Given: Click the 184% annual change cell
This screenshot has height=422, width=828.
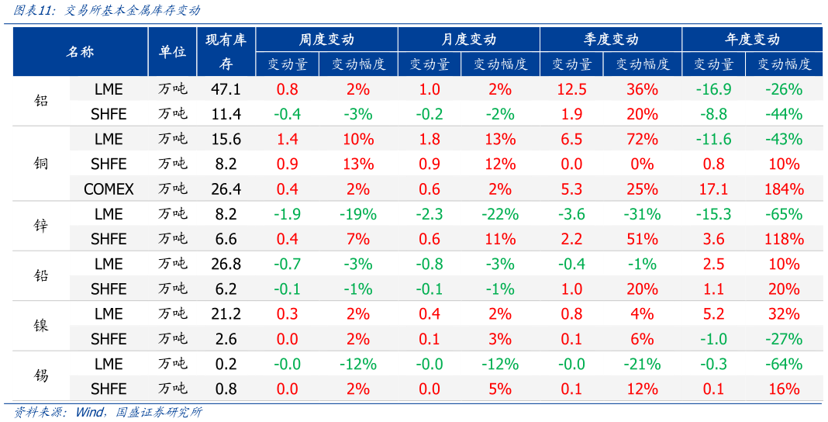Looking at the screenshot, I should [x=784, y=189].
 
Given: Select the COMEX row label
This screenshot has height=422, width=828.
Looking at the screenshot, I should [x=109, y=189].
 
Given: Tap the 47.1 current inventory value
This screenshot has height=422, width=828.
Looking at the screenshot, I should [x=226, y=89].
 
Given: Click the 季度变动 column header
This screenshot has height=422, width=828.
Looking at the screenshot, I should [x=611, y=40].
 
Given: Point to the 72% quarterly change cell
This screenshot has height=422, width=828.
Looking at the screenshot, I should [x=642, y=139].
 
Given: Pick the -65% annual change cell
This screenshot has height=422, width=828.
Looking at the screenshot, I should [x=784, y=214].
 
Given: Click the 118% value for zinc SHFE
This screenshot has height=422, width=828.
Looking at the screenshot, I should [x=784, y=239].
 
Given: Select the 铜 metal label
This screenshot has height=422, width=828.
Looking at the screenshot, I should [x=41, y=164].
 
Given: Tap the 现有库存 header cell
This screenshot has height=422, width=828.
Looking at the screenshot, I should [x=226, y=51].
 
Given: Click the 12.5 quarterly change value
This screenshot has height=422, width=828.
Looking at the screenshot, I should [x=571, y=89].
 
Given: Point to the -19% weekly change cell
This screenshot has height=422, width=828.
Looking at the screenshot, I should [x=358, y=214].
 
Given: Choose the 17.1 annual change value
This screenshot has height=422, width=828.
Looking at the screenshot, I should [x=713, y=189].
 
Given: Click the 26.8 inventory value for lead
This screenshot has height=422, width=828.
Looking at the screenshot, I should [x=226, y=264].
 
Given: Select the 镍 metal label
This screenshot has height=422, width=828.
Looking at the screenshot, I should [x=41, y=326].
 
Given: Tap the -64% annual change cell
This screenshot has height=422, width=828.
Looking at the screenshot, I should [x=784, y=364].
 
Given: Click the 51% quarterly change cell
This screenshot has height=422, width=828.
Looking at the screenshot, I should [x=642, y=239].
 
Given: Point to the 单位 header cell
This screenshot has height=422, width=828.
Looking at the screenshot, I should [x=172, y=52].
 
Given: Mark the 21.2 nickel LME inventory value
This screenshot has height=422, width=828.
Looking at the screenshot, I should [x=226, y=313].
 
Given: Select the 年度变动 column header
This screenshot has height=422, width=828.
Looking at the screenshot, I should [x=752, y=40].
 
